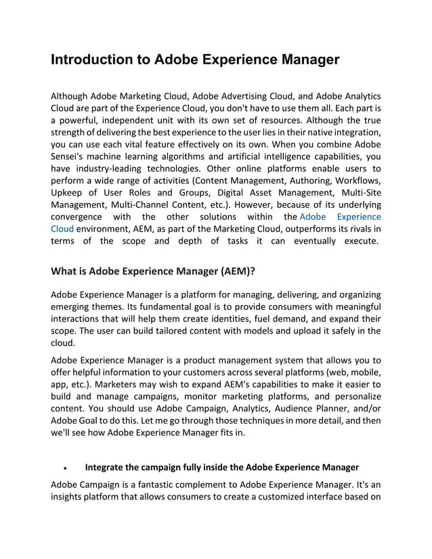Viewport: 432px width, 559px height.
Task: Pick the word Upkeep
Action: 68,192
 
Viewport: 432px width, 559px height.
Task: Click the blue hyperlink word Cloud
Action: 62,229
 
